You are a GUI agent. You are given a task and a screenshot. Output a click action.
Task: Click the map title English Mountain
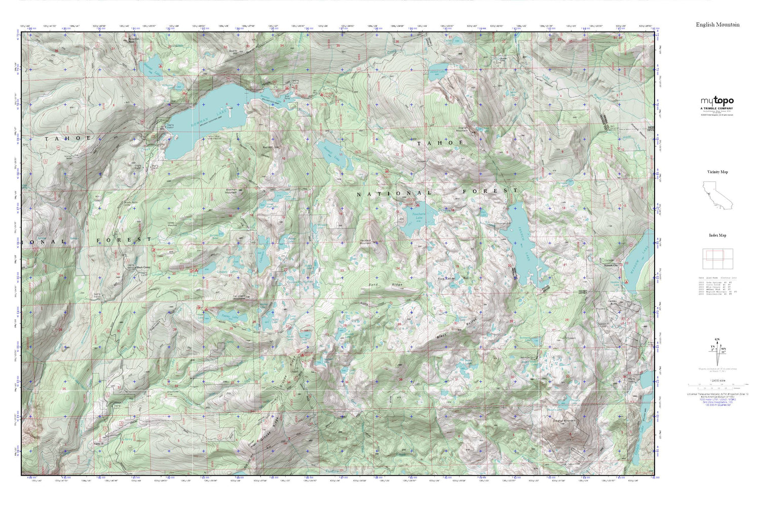717,24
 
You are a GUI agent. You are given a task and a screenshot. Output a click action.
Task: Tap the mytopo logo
717,101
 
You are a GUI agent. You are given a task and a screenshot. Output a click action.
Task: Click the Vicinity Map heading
717,172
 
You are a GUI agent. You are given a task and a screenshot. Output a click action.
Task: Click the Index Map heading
717,235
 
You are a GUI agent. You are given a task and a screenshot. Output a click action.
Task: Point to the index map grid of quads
717,259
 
